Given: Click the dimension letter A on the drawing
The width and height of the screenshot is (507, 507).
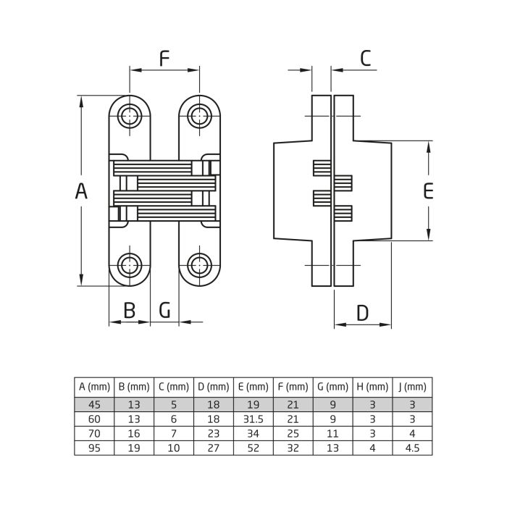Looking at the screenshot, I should coord(81,191).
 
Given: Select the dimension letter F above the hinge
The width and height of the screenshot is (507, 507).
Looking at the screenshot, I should coord(164,58).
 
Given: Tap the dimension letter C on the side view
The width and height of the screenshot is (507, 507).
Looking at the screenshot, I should coord(366,58).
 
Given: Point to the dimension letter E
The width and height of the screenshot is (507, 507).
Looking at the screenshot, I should coord(428,191).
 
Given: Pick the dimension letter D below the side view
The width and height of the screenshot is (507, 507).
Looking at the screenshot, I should coord(363,313).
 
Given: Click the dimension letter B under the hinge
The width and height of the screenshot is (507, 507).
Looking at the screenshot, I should coord(129,310).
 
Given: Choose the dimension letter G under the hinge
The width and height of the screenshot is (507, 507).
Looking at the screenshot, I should coord(165,310).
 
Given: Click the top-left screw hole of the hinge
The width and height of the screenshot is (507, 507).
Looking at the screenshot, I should coord(130,116).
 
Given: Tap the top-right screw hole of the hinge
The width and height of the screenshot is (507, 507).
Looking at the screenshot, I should coord(198,116).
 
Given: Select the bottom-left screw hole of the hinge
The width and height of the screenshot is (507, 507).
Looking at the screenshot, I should coord(130,264).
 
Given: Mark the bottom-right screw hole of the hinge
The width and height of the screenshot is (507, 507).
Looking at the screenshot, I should coord(198,264).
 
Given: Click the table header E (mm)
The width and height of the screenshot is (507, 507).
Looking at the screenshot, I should coord(253,387).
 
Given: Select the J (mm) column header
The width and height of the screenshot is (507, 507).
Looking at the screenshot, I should coord(412,387).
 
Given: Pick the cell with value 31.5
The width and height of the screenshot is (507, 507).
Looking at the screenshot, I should coord(253,419).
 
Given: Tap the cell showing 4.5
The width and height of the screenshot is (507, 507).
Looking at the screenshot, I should coord(412,448).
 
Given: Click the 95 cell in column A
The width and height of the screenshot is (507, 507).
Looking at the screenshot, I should coord(94,448).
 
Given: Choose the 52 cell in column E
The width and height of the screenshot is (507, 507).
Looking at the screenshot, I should coord(253,448).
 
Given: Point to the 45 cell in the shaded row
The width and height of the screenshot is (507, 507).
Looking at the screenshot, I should coord(94,404).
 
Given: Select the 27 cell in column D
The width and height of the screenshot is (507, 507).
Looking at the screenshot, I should coord(213,448).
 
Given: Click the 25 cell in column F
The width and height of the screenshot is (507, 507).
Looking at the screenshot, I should coord(293,434).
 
